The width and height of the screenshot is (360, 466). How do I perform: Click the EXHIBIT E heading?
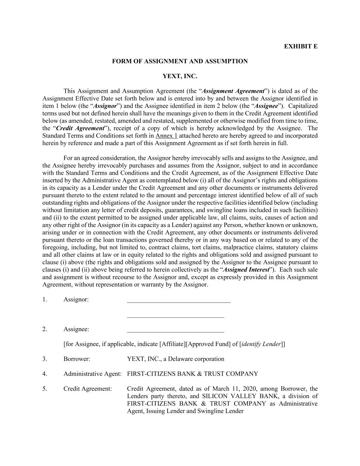coord(300,46)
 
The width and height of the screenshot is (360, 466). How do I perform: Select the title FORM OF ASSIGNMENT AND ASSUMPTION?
coord(180,61)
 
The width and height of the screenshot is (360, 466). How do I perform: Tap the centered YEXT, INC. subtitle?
coord(180,76)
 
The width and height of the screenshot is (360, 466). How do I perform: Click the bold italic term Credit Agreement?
coord(80,128)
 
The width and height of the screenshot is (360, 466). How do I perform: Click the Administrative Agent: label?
coord(92,374)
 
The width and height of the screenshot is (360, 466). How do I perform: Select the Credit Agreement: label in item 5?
coord(87,389)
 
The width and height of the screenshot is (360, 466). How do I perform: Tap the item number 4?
coord(45,374)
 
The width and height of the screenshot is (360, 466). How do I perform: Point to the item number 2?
coord(45,329)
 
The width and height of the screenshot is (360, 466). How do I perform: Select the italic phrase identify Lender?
coord(261,344)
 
